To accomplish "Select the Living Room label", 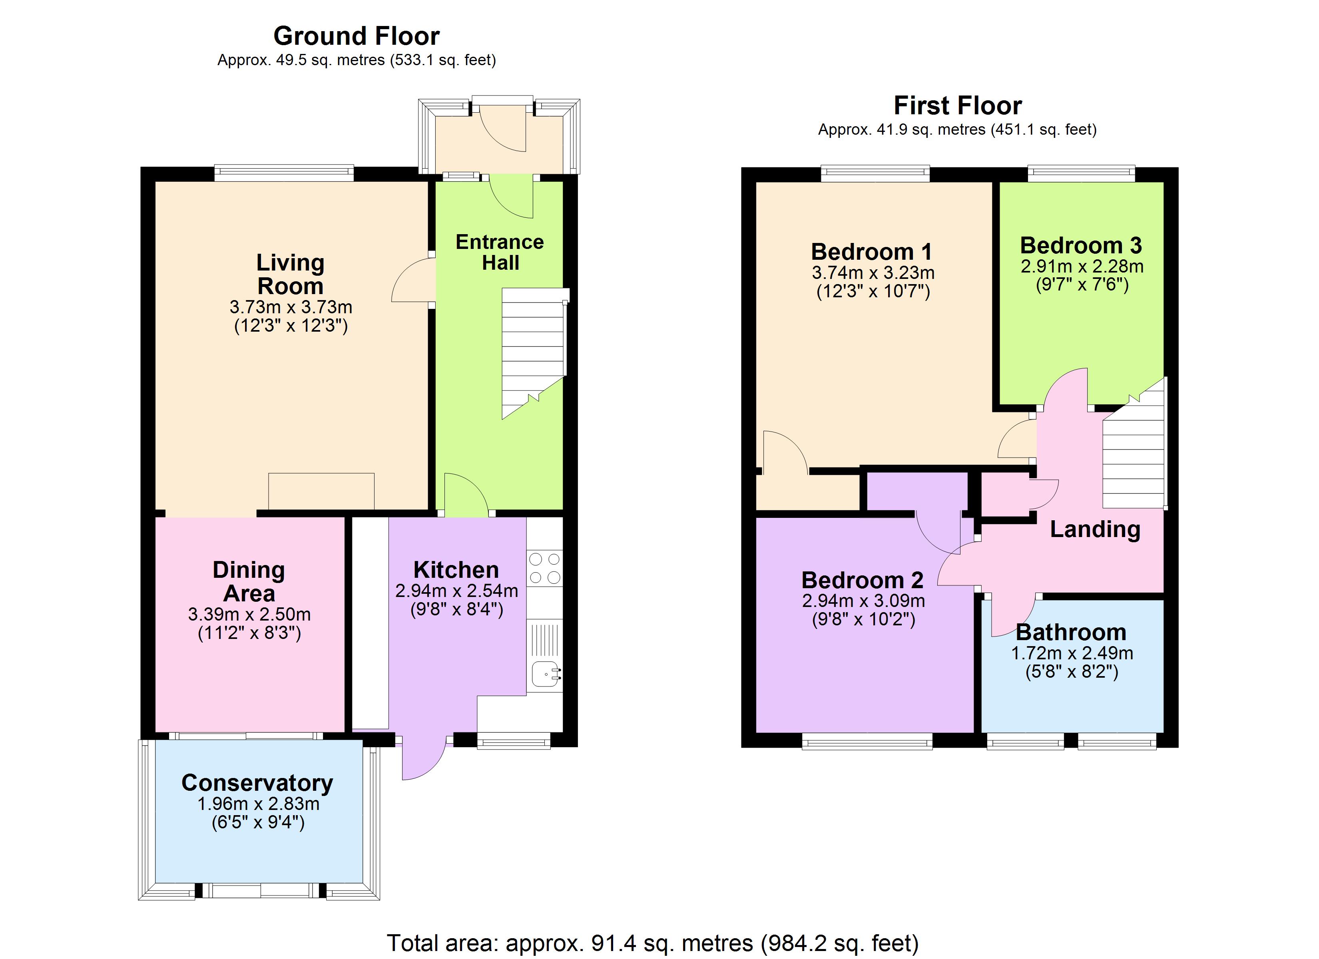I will [290, 275].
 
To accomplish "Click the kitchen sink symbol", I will [546, 674].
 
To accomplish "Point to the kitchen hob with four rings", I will [545, 568].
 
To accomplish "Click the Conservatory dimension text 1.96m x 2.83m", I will [258, 804].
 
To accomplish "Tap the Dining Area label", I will [249, 581].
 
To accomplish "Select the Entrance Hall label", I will [500, 253].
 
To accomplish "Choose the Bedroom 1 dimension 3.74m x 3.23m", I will [873, 273].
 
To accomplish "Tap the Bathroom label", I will [1071, 632].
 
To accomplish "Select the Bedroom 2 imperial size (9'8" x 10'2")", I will [863, 619].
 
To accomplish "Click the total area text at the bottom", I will [653, 943].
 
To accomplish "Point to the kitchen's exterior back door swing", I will [423, 759].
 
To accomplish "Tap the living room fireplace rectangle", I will [321, 491].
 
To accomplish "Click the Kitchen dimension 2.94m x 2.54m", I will [456, 591].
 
